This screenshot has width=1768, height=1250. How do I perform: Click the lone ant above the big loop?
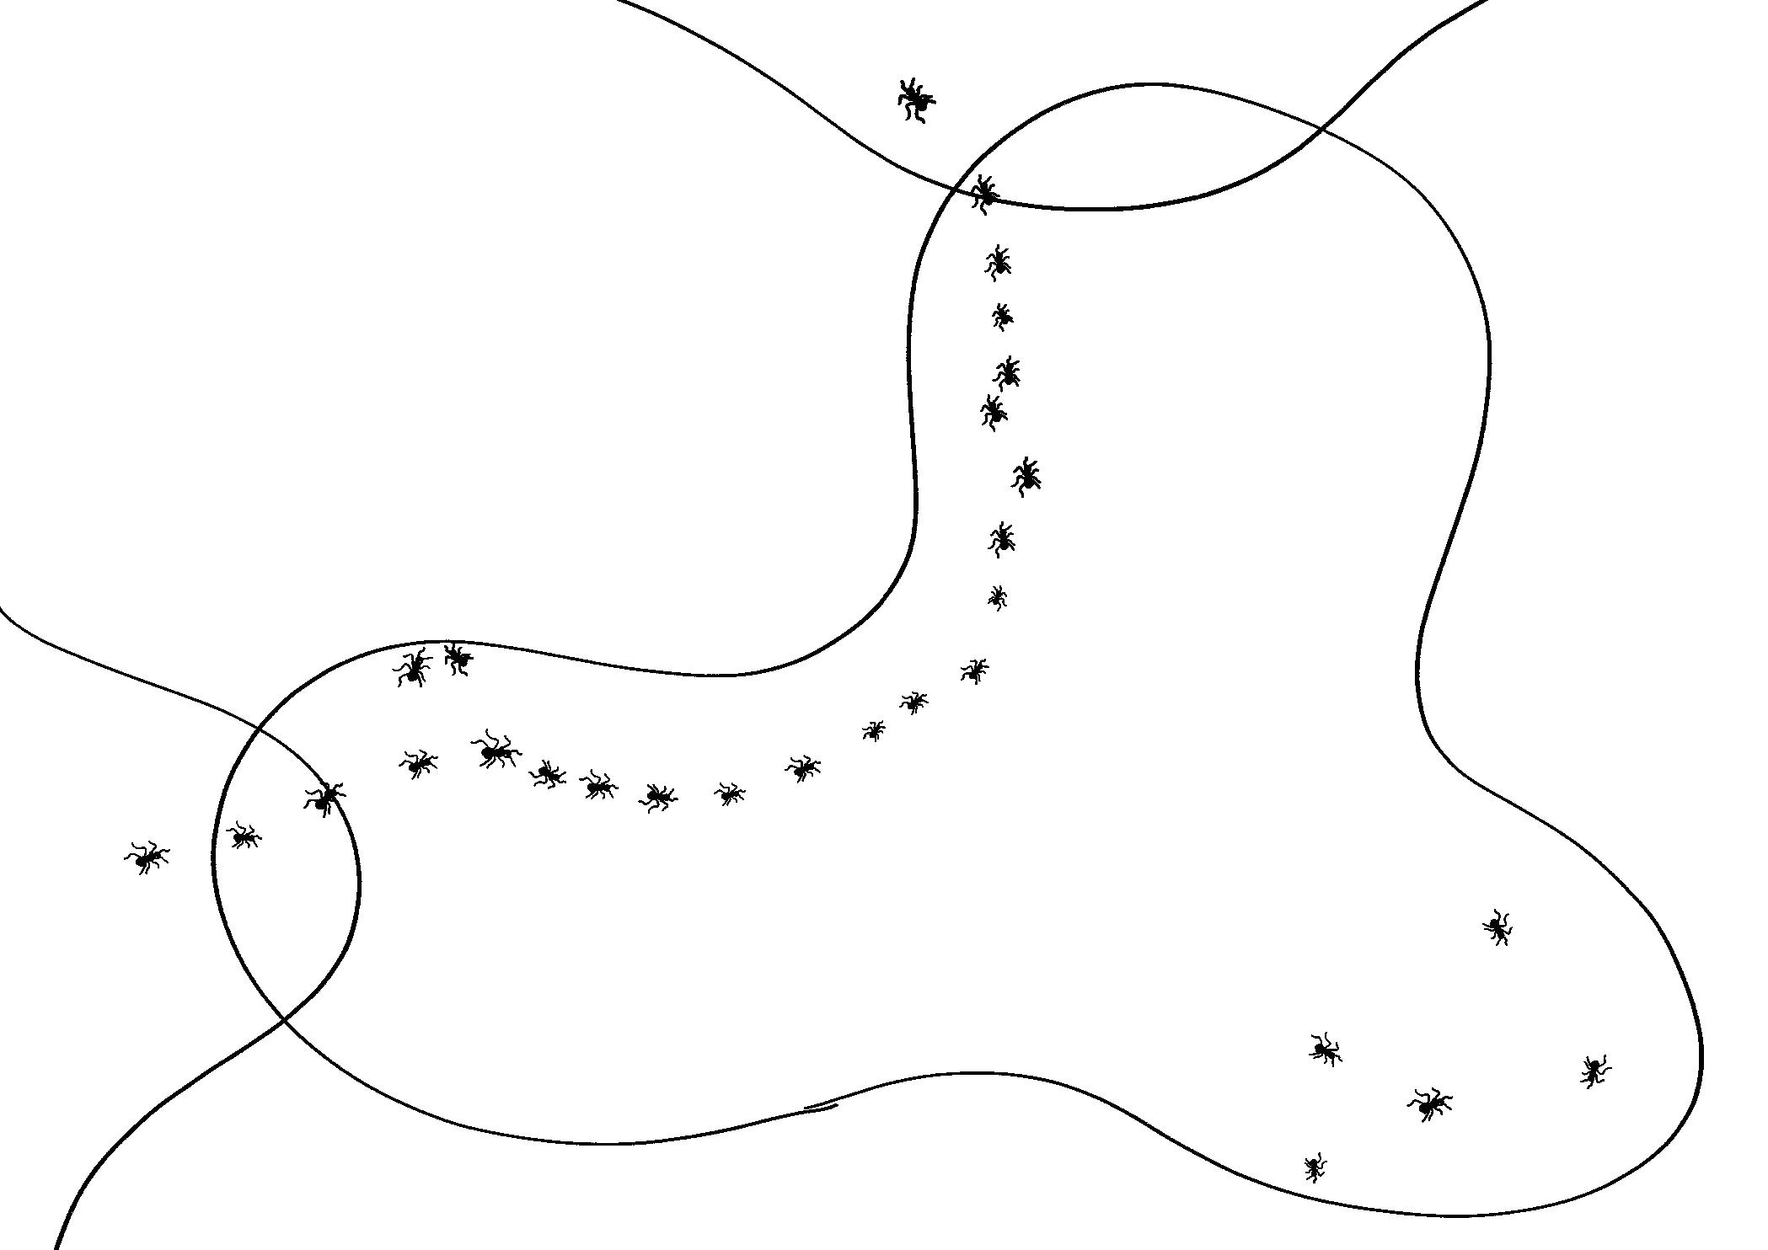[x=915, y=99]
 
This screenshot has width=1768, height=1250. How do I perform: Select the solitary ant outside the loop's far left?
[x=147, y=857]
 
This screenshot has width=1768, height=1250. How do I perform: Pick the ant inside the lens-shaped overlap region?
[x=244, y=836]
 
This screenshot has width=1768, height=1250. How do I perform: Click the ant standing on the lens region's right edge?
[x=324, y=798]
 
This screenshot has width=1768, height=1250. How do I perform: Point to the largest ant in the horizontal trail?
[x=496, y=750]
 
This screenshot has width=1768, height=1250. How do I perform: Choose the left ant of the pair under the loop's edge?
[x=412, y=668]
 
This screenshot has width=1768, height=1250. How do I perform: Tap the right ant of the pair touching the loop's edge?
[x=458, y=657]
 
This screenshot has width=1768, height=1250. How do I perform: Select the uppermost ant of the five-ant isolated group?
[x=1497, y=927]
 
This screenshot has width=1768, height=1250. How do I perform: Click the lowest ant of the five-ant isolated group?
[x=1314, y=1167]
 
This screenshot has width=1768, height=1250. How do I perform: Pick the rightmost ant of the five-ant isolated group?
[x=1593, y=1071]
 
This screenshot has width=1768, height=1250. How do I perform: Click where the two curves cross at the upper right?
[x=1321, y=130]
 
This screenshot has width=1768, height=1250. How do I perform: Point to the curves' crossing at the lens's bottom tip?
[x=282, y=1018]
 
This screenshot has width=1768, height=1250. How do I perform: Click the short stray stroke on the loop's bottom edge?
[x=820, y=1108]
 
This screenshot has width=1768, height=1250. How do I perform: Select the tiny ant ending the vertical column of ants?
[x=998, y=597]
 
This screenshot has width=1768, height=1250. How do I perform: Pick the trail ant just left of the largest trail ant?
[x=417, y=763]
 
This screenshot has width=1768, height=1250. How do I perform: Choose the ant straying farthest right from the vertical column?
[x=1026, y=476]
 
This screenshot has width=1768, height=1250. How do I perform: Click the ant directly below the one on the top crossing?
[x=998, y=263]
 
